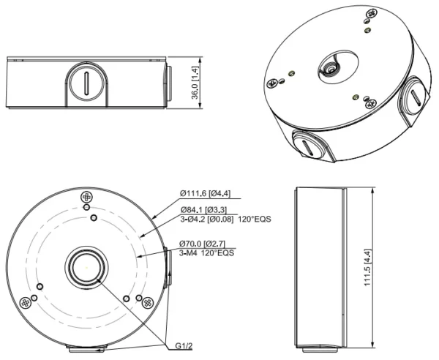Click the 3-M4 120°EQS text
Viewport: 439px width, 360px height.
(x=206, y=254)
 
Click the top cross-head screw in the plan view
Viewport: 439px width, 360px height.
(x=87, y=197)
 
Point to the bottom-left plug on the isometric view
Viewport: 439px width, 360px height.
(x=307, y=144)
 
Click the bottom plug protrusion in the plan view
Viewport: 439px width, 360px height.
(x=87, y=347)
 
